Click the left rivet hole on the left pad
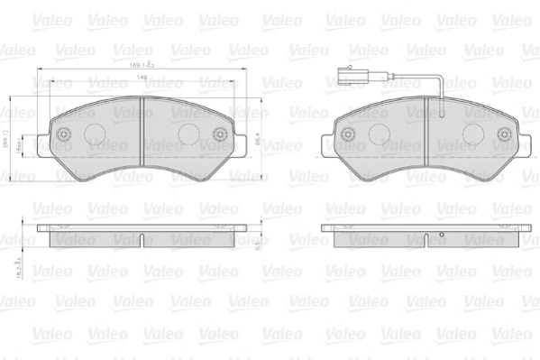62,135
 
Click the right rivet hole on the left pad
220,135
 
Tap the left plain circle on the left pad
95,133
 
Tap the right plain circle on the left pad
187,133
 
